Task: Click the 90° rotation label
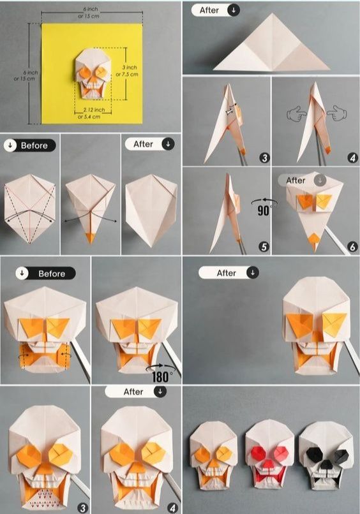point(264,210)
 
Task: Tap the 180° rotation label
point(160,377)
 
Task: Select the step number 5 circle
point(264,247)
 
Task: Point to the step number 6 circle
point(352,247)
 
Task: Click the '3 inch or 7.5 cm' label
point(127,71)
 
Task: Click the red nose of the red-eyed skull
point(269,464)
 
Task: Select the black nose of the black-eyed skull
point(326,464)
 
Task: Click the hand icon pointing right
point(296,114)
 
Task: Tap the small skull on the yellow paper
point(92,73)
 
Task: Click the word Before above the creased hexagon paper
point(34,145)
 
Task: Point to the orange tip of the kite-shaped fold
point(89,238)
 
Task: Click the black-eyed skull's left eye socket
point(314,453)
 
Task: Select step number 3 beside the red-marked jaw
point(82,508)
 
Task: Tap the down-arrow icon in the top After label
point(234,10)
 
